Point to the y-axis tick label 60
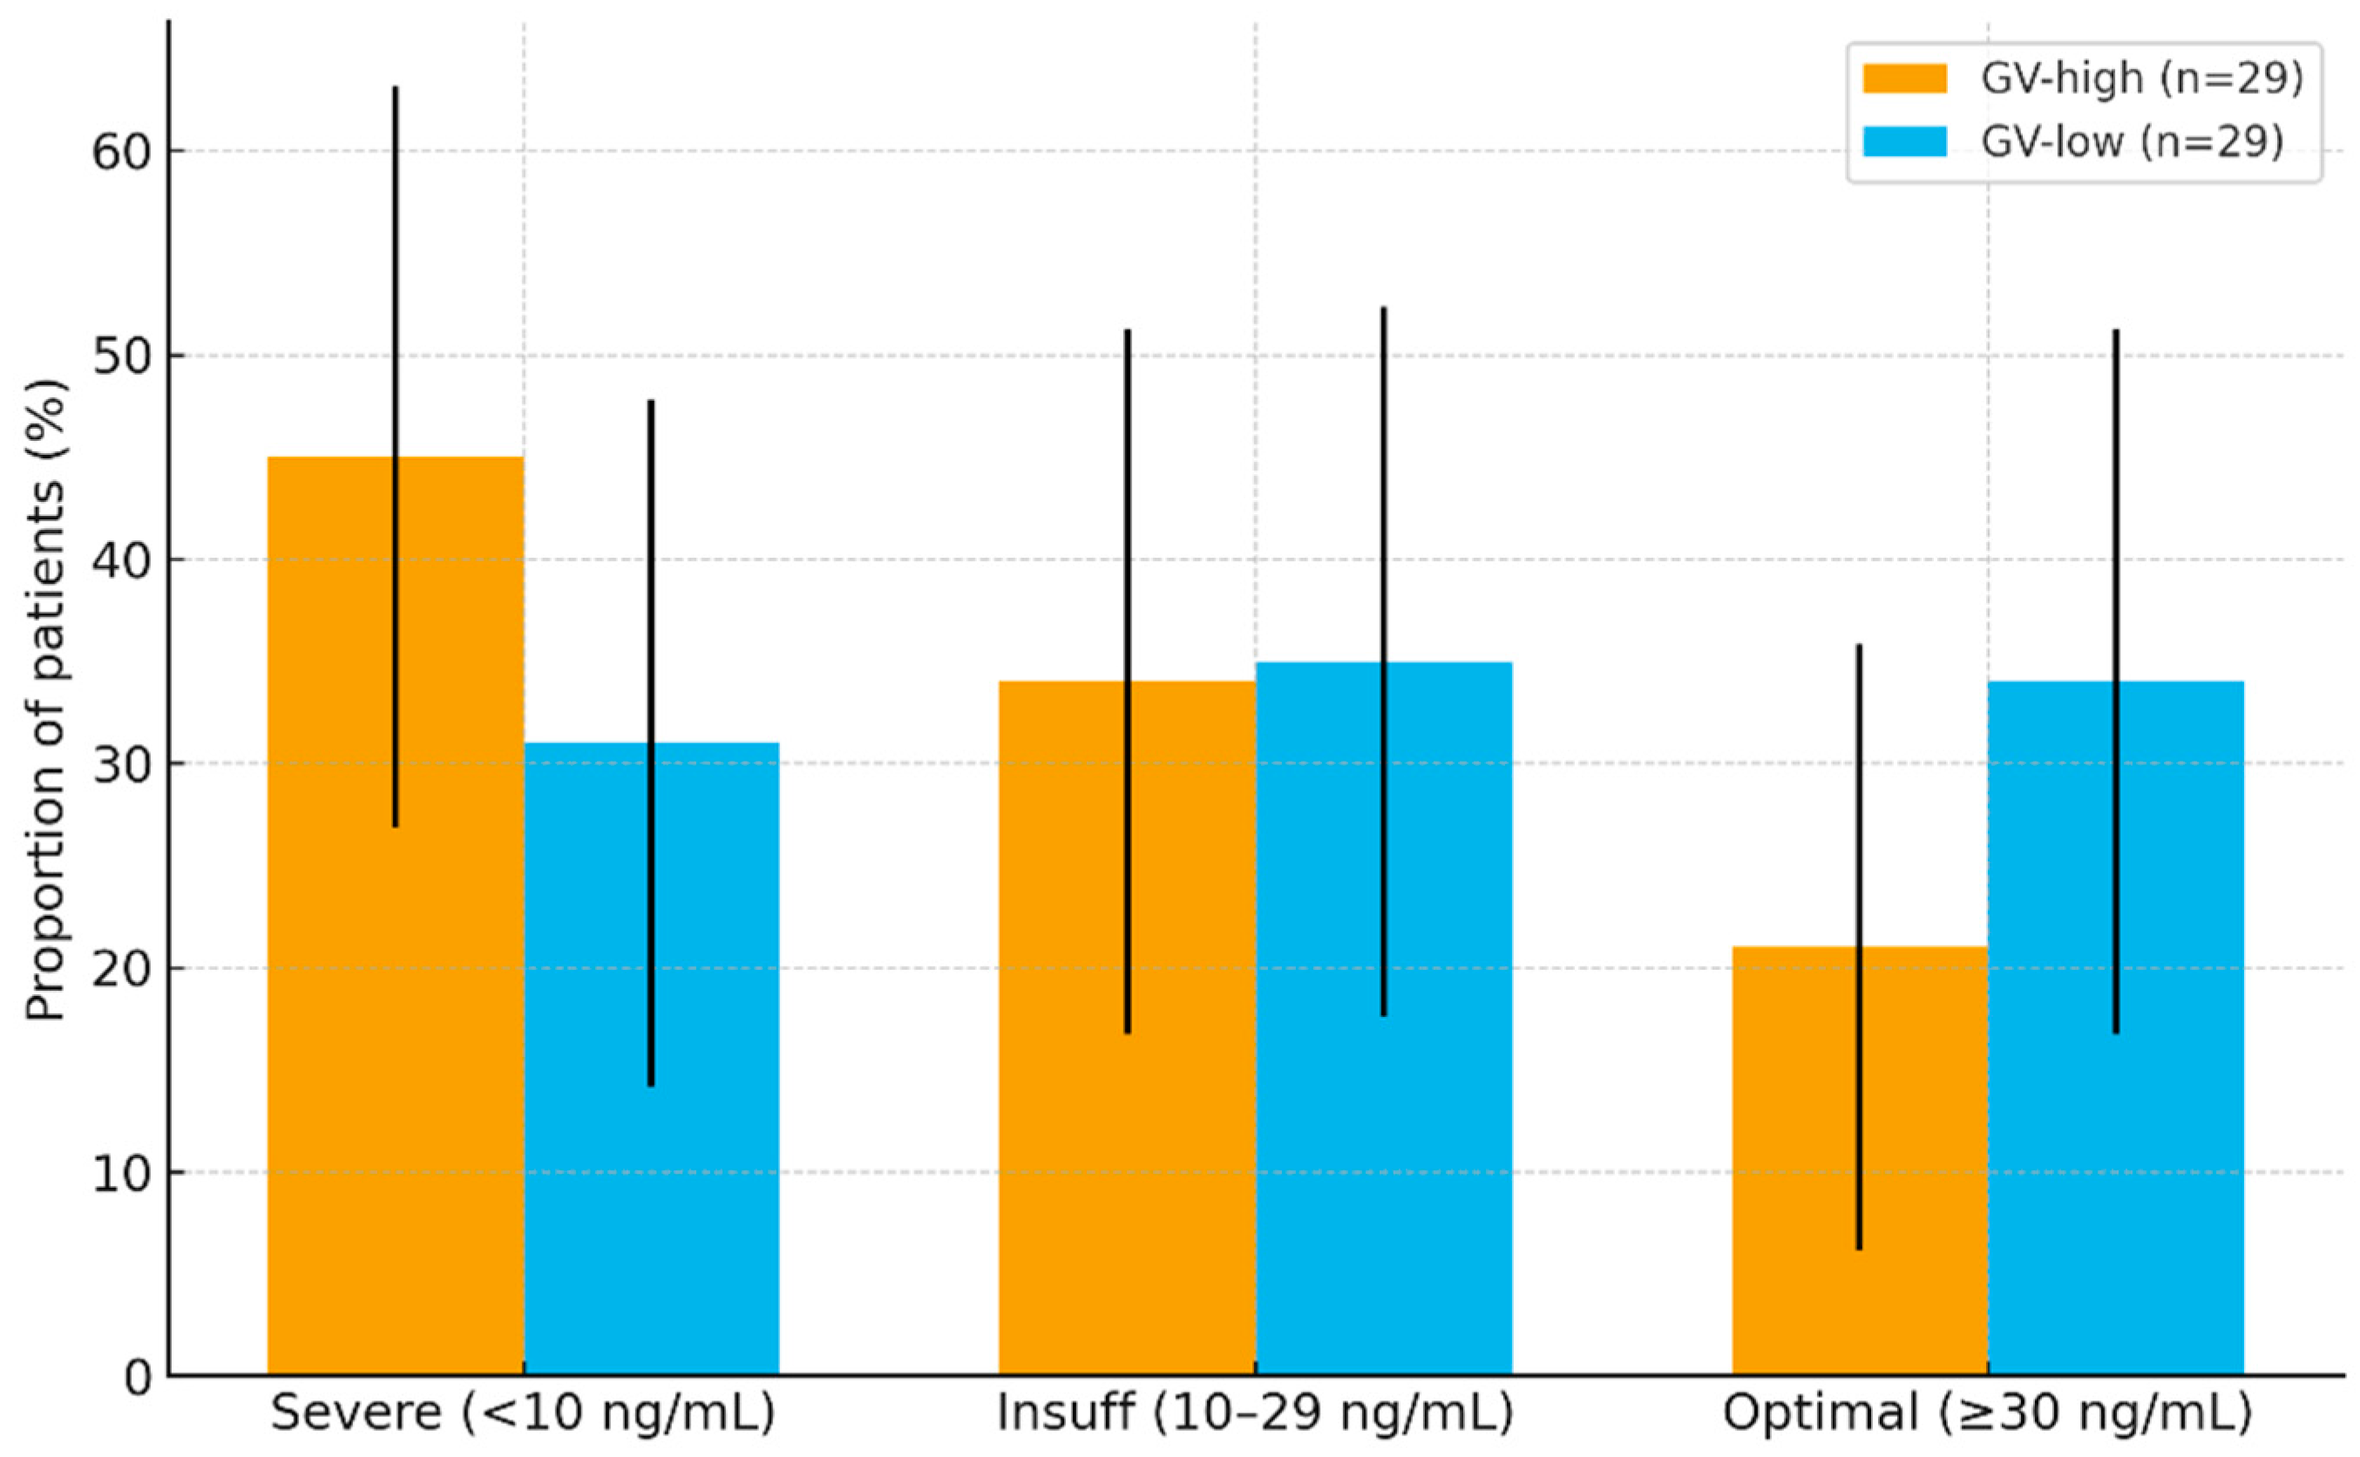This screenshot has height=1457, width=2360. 124,152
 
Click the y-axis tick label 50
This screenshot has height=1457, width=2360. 124,356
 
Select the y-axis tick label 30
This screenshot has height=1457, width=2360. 124,765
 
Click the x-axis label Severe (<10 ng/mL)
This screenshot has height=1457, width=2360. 523,1413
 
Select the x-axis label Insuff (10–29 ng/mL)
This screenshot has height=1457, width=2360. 1255,1413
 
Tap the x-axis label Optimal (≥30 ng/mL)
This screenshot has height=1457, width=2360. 1987,1413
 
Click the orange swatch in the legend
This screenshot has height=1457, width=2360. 1904,78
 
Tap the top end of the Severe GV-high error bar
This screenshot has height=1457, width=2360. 395,88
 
